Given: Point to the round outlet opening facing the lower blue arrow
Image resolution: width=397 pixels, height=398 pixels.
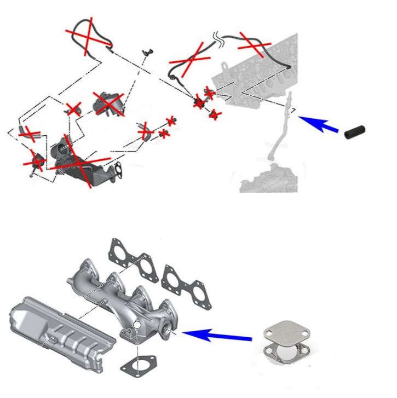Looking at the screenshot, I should pos(164,330).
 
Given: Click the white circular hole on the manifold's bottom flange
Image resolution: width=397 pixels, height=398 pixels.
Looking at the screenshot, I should pos(137,327).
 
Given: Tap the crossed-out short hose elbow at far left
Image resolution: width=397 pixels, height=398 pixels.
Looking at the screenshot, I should pos(27,132).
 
